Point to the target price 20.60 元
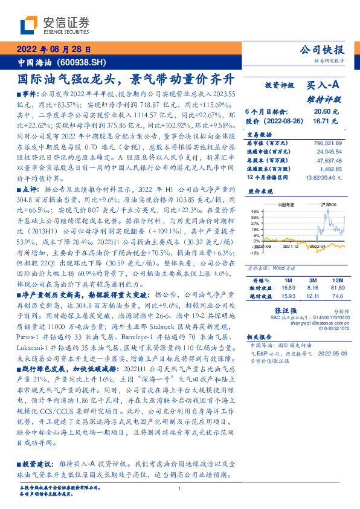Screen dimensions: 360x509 point(326,112)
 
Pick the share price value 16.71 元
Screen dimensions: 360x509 point(326,122)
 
